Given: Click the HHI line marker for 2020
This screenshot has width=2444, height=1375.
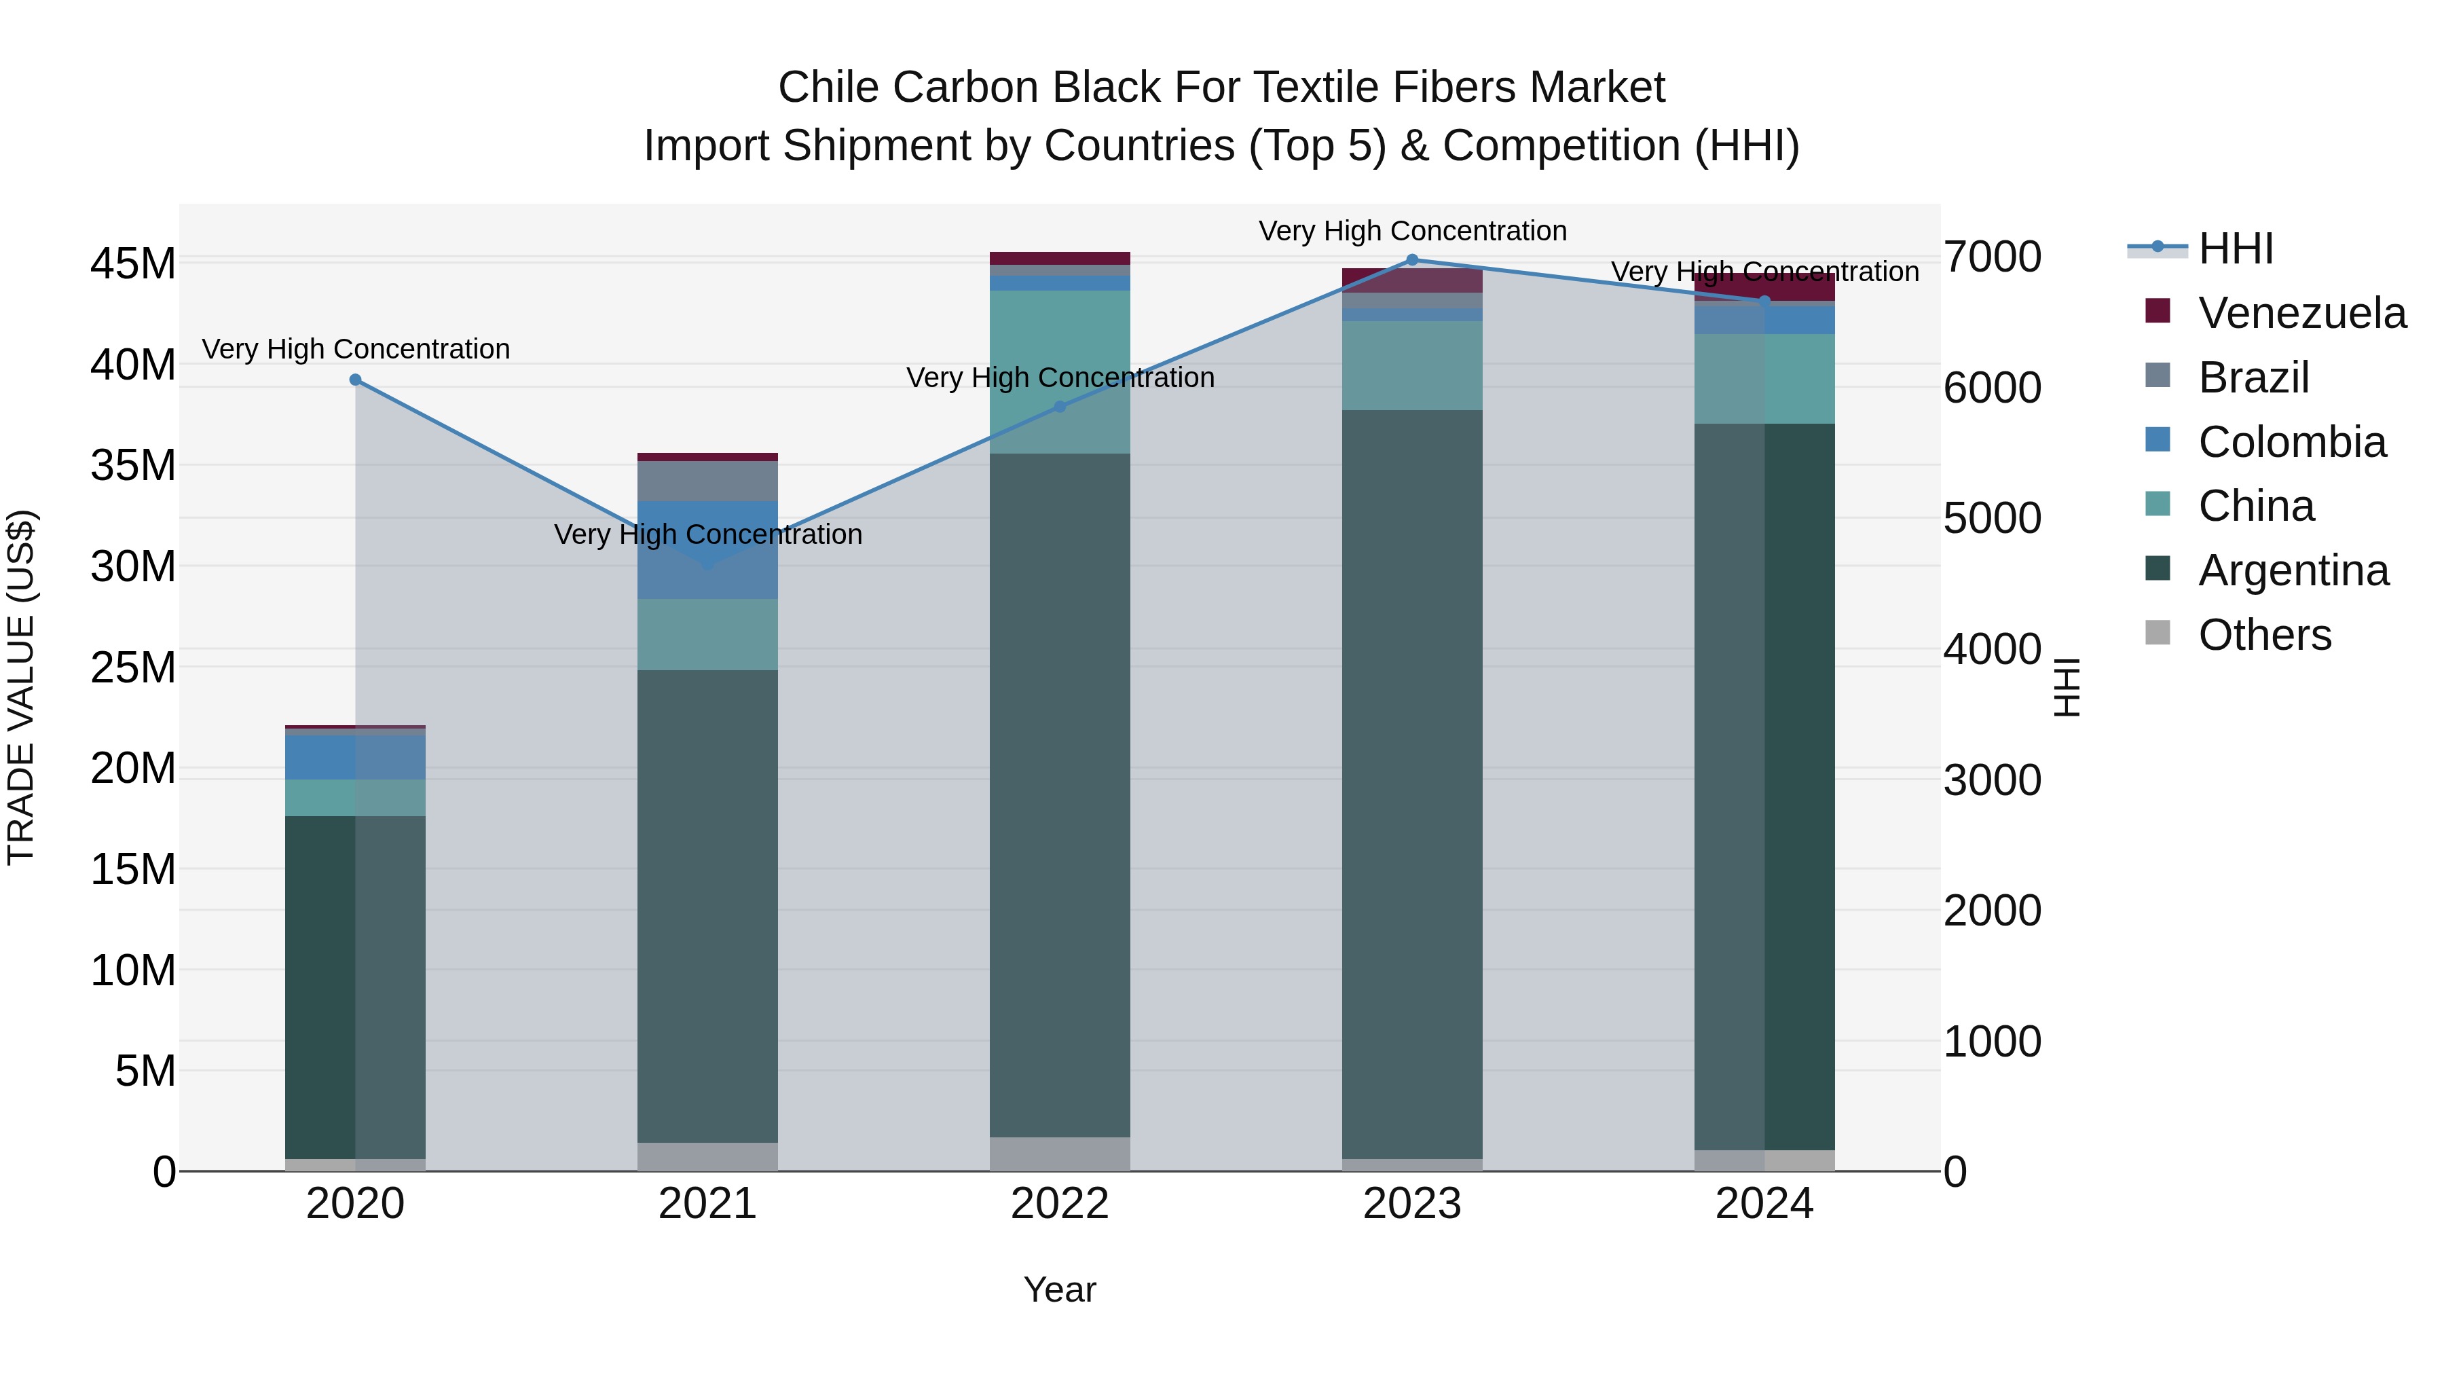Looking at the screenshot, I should (355, 380).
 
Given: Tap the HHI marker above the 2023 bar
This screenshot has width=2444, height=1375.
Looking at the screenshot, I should (1412, 260).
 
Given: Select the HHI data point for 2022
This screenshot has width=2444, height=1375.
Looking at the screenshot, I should (1060, 406).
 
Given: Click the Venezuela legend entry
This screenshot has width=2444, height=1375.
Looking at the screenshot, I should (2301, 313).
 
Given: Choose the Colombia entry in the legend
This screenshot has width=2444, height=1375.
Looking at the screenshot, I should (2291, 442).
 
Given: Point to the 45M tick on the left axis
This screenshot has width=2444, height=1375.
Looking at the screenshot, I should (133, 264).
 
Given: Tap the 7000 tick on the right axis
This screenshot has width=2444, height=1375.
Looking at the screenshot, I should (1991, 257).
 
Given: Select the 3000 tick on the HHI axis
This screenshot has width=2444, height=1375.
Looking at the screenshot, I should (1991, 781).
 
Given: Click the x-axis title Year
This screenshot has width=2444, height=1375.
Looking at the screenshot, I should (1059, 1289).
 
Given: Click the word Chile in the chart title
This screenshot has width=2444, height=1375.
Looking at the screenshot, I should (828, 88).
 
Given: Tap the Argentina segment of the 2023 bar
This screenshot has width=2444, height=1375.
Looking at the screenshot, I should (1412, 783).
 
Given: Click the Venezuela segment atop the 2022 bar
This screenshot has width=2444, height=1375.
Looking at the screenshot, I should (1060, 258).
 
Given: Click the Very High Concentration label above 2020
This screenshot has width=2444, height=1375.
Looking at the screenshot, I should (356, 349).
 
